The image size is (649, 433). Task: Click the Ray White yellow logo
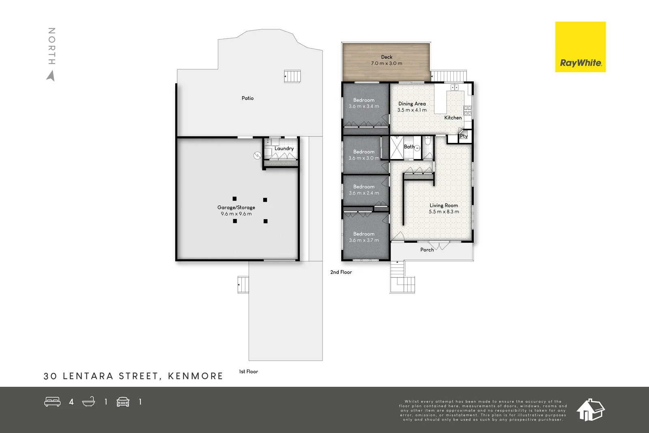point(580,47)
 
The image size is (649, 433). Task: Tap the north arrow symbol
point(51,76)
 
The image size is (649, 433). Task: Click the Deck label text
point(387,57)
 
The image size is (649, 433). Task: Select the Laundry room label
point(284,149)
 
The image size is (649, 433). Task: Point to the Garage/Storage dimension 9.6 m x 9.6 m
point(236,214)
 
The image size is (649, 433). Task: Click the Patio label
point(247,98)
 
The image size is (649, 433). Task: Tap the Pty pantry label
point(464,136)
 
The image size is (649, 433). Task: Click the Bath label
point(409,147)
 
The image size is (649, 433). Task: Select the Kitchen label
point(453,118)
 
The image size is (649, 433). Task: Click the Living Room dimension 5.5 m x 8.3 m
point(444,212)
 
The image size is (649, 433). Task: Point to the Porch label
point(427,250)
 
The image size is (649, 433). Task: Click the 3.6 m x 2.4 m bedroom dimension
point(364,193)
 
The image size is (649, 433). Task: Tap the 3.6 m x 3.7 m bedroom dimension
point(364,240)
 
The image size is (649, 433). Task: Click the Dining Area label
point(412,104)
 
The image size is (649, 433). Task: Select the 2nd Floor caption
point(341,272)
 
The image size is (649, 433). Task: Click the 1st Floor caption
point(248,372)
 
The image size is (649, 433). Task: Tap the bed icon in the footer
point(52,402)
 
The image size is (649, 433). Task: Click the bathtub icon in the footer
point(88,402)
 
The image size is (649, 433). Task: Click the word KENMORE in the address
point(196,376)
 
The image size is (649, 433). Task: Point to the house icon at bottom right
point(590,410)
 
